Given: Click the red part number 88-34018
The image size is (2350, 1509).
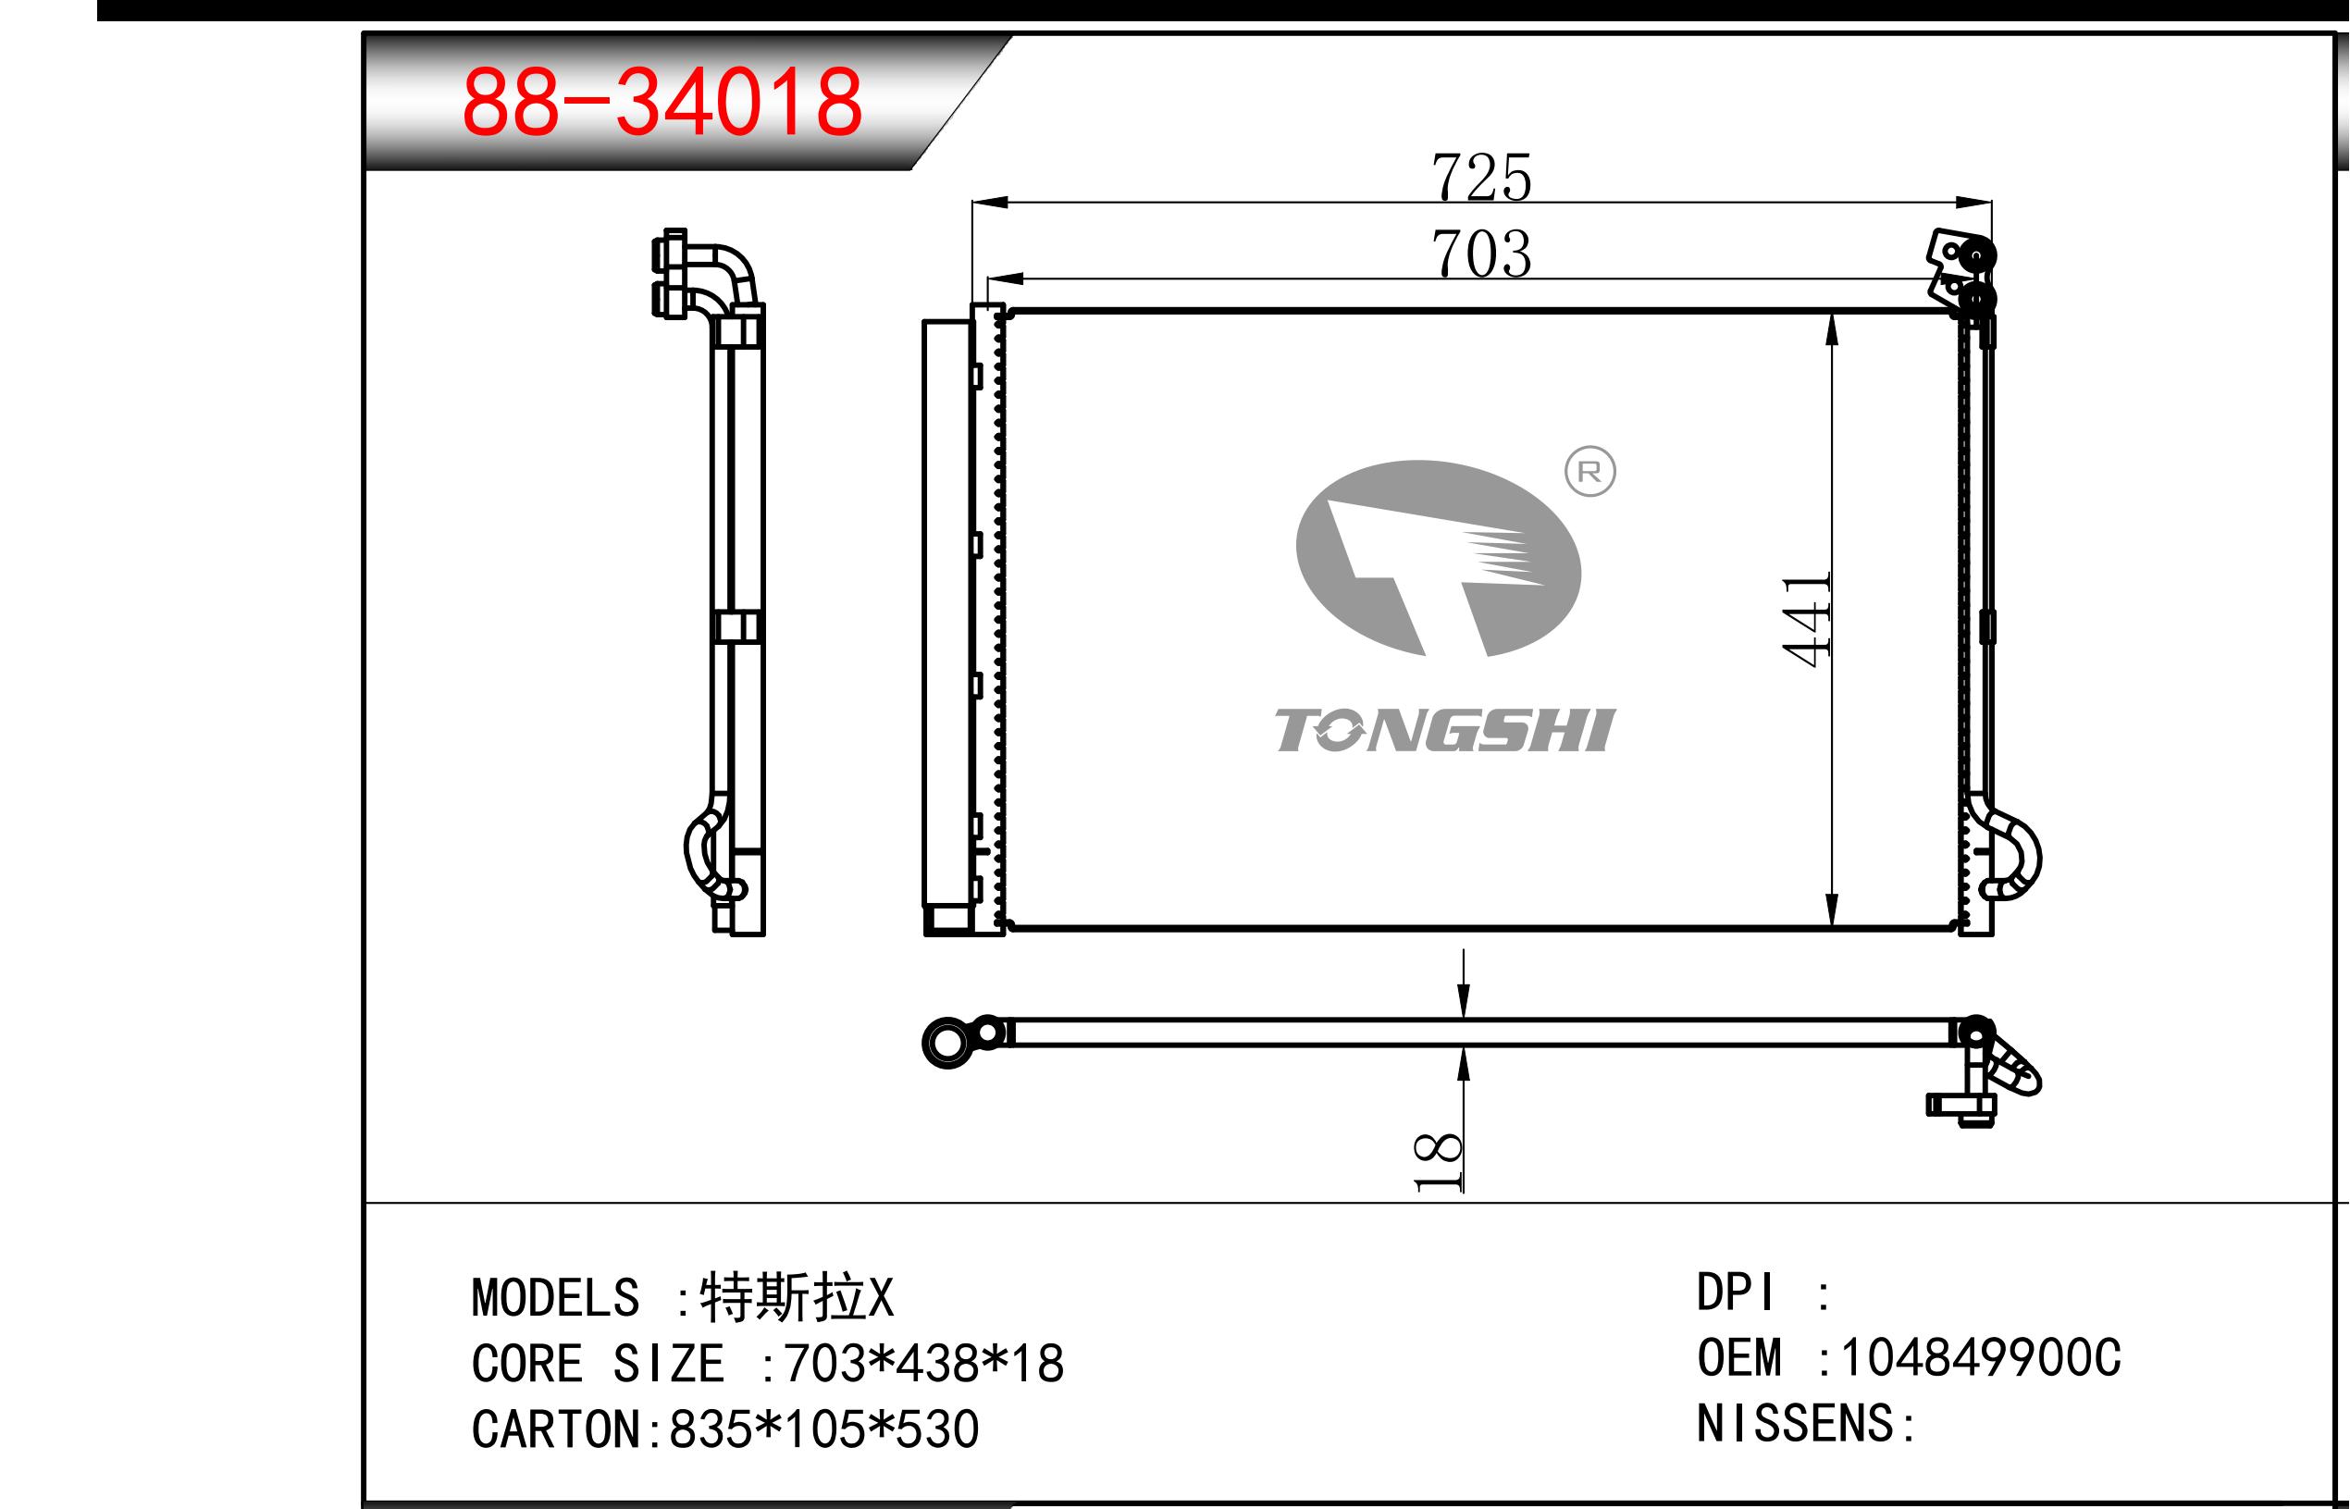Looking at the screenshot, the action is (662, 101).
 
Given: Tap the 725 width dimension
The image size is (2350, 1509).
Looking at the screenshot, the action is (1481, 178).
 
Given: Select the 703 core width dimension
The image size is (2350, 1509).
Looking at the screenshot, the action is (1481, 254).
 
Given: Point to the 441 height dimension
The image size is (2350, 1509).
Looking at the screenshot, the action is (1807, 619).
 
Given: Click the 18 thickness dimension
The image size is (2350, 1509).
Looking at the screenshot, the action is (1438, 1162).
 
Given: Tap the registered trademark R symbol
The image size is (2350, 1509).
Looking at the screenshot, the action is (1589, 472).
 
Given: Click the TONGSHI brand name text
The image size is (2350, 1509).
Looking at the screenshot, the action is (1445, 731).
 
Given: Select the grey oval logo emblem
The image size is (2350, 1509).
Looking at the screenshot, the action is (1438, 558).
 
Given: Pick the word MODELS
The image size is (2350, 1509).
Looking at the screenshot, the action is (555, 1297).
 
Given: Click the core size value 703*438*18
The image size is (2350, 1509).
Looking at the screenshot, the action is (923, 1363).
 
